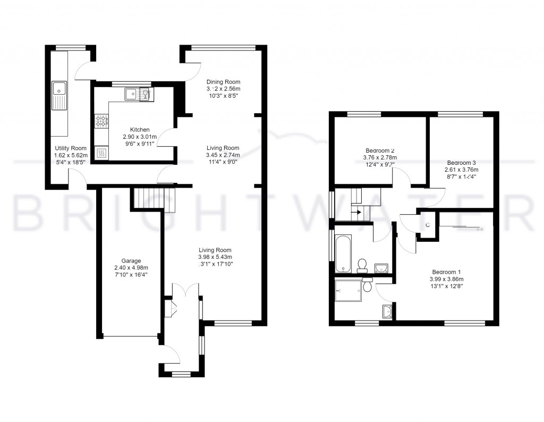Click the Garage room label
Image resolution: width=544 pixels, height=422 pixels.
(131, 260)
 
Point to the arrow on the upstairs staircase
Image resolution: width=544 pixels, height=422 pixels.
(360, 212)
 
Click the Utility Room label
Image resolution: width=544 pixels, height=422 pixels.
(70, 148)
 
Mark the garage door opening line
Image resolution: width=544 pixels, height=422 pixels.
(131, 336)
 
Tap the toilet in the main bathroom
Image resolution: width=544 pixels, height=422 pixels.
(363, 264)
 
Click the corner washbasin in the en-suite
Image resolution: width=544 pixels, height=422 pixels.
(386, 311)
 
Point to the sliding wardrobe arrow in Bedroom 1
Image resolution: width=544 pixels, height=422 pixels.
(480, 229)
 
